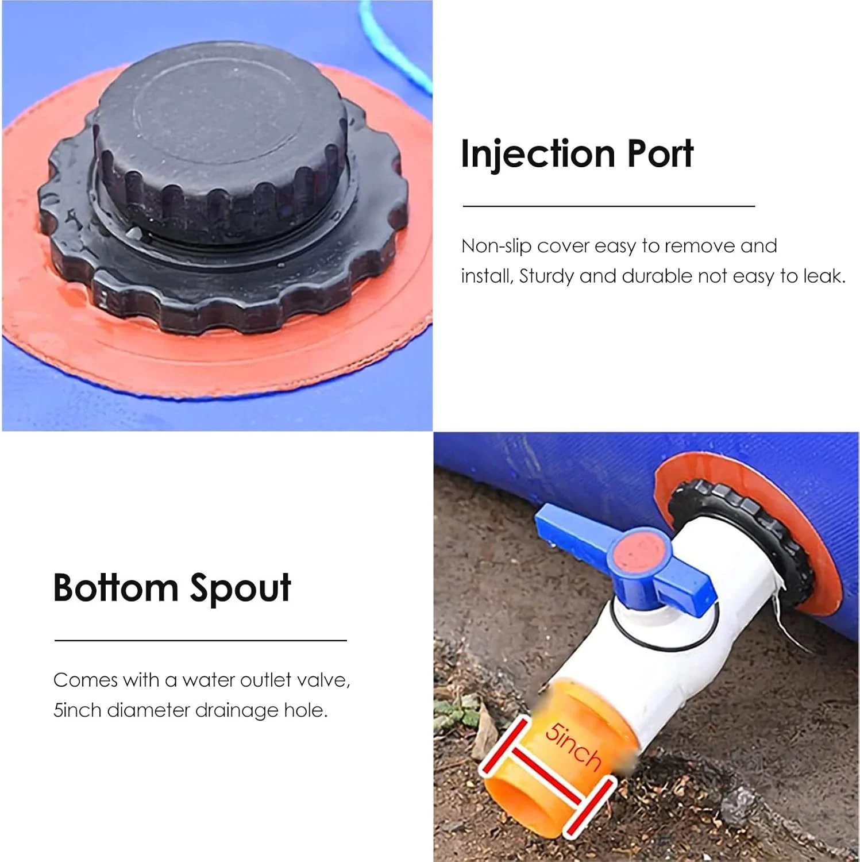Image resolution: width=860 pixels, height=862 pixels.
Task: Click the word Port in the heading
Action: [x=660, y=154]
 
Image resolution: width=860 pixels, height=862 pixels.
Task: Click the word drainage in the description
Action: [x=236, y=711]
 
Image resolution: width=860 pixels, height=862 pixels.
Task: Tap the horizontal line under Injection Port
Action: [x=608, y=205]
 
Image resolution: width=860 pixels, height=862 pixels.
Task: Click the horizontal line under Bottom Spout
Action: [x=200, y=640]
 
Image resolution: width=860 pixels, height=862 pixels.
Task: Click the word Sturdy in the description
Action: [x=547, y=277]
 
